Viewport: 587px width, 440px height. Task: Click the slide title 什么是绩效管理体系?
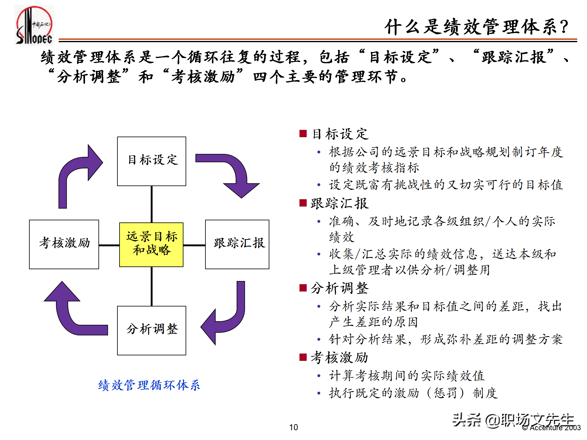(x=476, y=27)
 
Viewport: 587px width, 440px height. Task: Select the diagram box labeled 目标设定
(x=152, y=161)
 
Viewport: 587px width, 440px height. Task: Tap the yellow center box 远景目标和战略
(x=151, y=244)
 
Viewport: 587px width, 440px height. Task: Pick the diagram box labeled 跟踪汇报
(x=237, y=244)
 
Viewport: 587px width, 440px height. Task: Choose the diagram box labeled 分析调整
(x=152, y=330)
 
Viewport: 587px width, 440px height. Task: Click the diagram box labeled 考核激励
(x=64, y=244)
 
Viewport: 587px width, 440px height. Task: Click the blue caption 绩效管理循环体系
(x=149, y=385)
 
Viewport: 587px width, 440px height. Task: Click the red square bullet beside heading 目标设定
(x=303, y=134)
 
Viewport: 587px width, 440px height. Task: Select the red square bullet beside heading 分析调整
(x=303, y=288)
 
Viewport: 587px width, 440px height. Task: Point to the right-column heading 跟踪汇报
(x=340, y=204)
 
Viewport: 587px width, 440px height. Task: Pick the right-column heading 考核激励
(x=339, y=358)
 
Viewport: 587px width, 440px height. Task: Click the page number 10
(x=293, y=427)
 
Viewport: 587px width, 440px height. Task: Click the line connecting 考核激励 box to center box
(x=109, y=245)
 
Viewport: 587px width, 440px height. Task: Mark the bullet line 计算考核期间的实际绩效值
(x=407, y=376)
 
